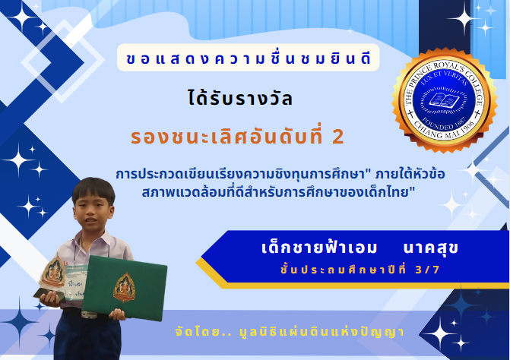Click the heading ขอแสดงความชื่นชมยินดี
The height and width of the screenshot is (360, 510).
249,58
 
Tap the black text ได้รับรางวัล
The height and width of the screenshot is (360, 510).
240,98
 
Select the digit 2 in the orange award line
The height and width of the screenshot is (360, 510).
338,137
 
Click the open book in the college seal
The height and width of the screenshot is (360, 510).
444,99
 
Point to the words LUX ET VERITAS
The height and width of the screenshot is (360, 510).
445,77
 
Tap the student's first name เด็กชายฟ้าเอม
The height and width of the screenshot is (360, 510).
319,247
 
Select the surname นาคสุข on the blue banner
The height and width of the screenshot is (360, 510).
431,248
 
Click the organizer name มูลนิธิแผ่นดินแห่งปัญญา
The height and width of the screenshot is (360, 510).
322,332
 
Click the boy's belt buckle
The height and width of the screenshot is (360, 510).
89,314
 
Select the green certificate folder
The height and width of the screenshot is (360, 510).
124,288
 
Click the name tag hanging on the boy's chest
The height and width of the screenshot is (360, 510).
75,282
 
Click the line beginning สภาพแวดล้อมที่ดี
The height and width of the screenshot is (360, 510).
278,192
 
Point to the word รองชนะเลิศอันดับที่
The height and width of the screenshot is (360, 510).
226,137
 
